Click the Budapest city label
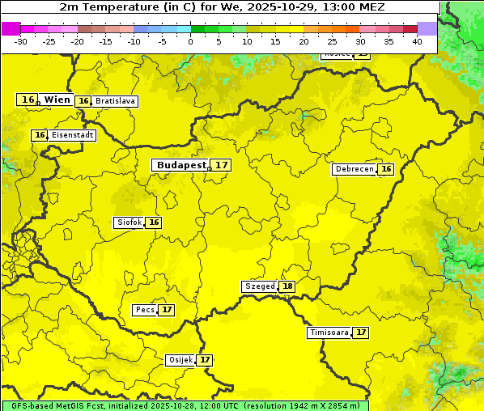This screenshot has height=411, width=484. [x=181, y=165]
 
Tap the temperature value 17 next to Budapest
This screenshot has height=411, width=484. [x=222, y=165]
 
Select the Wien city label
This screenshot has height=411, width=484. [x=57, y=100]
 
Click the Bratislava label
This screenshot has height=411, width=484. [x=114, y=101]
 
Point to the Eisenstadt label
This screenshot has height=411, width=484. [x=72, y=135]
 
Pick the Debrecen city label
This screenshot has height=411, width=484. [x=354, y=169]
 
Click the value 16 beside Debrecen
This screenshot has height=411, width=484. [x=386, y=169]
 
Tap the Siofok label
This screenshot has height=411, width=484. [x=129, y=222]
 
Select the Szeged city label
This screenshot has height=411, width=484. [x=259, y=286]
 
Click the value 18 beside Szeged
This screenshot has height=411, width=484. [x=287, y=286]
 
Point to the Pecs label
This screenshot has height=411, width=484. [x=145, y=310]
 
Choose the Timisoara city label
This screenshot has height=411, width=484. [x=329, y=333]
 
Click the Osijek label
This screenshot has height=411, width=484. [x=180, y=360]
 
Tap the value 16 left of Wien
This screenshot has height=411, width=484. [x=28, y=100]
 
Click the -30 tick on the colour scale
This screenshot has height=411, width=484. [x=21, y=40]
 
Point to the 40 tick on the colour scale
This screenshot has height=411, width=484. [x=417, y=40]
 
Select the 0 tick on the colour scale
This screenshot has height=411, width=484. [x=191, y=40]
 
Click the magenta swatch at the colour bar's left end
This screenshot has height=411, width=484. [x=11, y=28]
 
